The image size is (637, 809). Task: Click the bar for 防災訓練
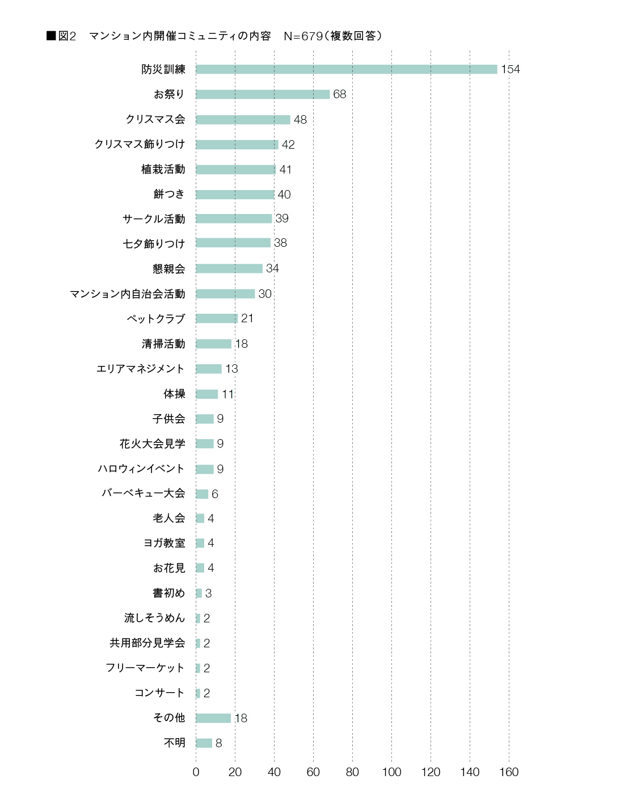346,69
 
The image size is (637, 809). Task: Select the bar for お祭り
263,94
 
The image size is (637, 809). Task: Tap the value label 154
510,69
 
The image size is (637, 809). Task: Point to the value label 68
339,94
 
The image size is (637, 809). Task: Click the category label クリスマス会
155,119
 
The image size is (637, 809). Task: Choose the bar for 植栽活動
236,169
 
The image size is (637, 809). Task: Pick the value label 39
281,218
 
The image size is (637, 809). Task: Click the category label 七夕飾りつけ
154,243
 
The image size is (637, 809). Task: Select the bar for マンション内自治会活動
225,293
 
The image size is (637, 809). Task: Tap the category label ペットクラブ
155,318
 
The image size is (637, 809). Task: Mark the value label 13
231,369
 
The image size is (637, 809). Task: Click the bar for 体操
206,394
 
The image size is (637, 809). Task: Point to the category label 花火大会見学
152,444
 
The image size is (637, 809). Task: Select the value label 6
214,494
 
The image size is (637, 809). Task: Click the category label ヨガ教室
164,543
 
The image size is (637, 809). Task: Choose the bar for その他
213,718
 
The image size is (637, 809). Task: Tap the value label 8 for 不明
218,743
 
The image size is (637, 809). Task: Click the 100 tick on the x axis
391,772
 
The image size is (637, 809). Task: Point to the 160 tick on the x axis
509,772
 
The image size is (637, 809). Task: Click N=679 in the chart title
303,36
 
